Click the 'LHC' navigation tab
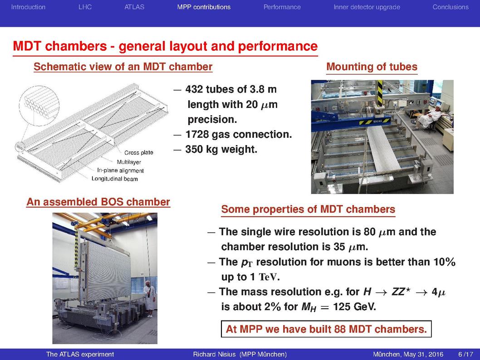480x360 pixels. coord(85,7)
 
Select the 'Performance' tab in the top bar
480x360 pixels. coord(282,7)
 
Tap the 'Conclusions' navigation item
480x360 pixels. coord(451,7)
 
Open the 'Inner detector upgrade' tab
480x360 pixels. coord(367,7)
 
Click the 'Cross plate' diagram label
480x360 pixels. coord(139,153)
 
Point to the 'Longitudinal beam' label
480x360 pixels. coord(115,179)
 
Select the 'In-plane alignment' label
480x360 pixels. coord(120,170)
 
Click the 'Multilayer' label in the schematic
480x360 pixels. coord(129,162)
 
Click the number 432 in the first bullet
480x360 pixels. coord(194,89)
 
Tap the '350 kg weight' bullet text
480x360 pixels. coord(221,149)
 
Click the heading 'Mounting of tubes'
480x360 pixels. coord(372,67)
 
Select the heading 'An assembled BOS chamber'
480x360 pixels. coord(98,202)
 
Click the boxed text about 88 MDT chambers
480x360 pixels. coord(326,329)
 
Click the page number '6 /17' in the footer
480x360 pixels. coord(465,354)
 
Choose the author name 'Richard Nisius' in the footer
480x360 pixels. coord(214,354)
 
